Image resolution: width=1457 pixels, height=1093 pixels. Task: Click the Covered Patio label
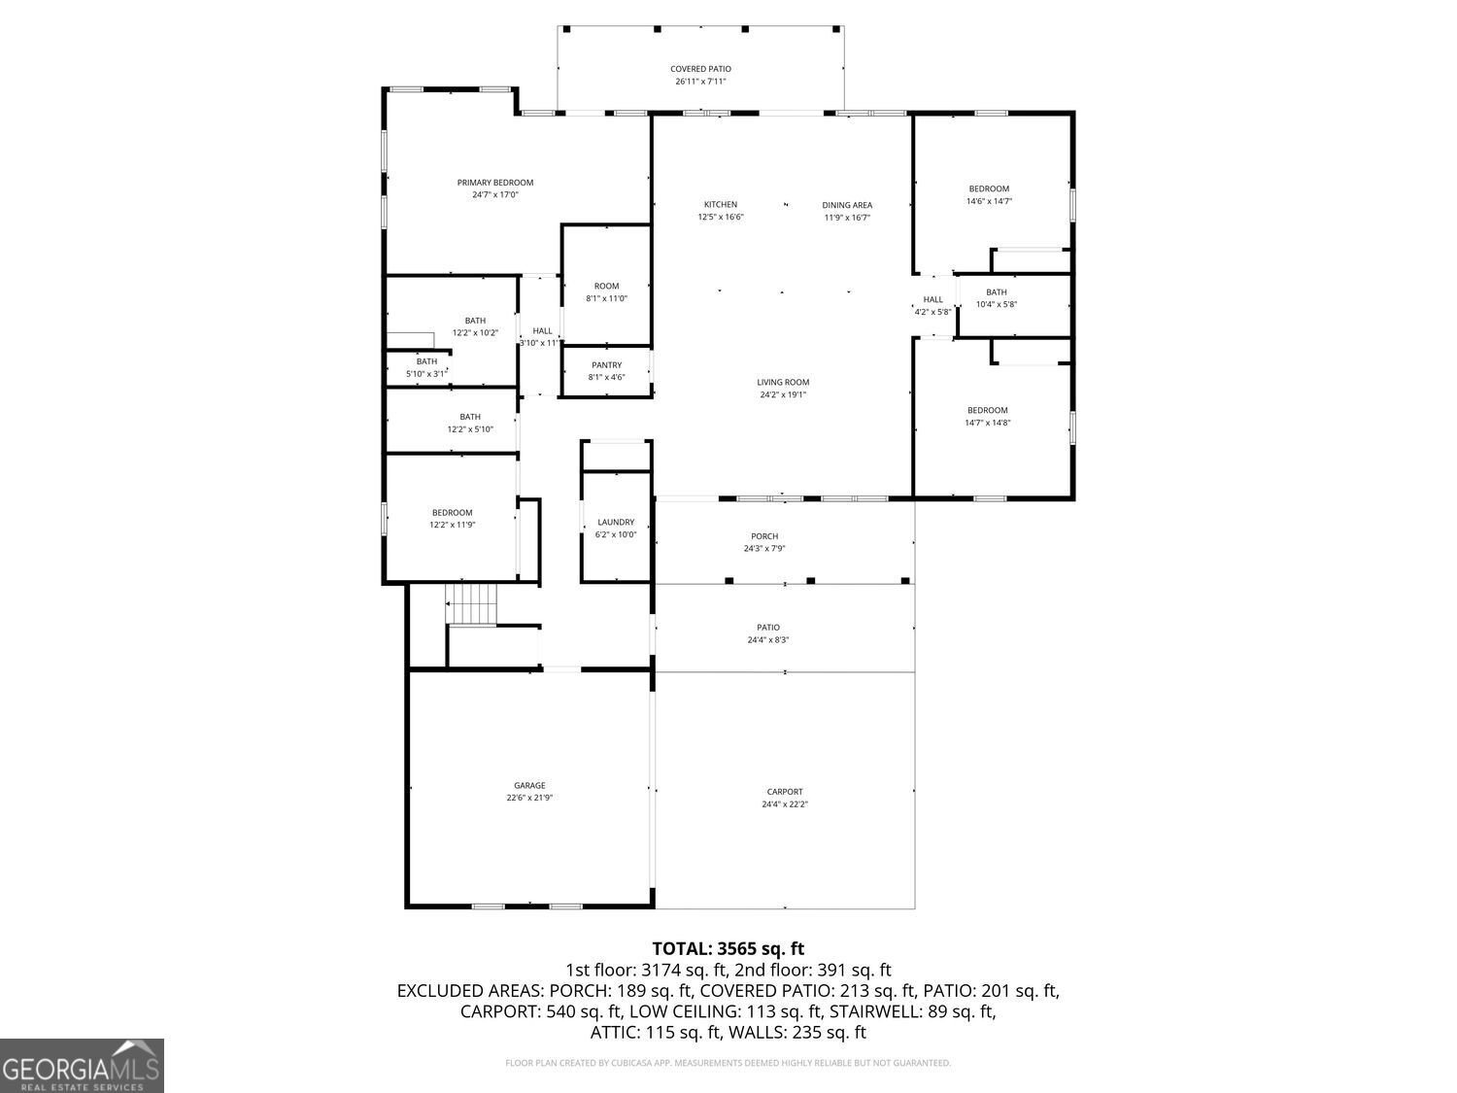tap(700, 69)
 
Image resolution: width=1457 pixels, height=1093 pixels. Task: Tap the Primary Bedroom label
tap(495, 183)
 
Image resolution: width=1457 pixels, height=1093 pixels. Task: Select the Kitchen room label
tap(720, 205)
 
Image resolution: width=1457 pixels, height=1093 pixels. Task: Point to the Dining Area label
tap(847, 205)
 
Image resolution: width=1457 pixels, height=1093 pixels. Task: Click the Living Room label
tap(783, 383)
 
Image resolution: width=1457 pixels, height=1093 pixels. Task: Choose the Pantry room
tap(606, 371)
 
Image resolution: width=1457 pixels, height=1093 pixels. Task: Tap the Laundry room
tap(616, 528)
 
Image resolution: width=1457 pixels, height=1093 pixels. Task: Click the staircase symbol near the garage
tap(471, 604)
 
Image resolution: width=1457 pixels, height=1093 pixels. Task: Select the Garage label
tap(529, 786)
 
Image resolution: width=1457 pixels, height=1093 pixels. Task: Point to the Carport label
tap(785, 792)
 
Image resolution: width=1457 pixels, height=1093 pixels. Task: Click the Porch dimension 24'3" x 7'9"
tap(763, 549)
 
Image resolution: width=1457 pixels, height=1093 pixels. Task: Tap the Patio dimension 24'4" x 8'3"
tap(767, 640)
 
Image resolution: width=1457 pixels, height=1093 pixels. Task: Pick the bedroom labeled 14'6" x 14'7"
tap(989, 195)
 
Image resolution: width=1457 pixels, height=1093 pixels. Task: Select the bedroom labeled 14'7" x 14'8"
tap(987, 417)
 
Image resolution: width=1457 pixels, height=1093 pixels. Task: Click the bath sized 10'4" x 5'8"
tap(997, 298)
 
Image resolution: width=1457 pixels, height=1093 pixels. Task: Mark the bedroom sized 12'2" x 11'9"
tap(452, 519)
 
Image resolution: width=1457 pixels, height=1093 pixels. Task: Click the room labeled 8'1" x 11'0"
tap(606, 292)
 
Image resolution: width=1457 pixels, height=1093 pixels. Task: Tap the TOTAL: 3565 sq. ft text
tap(728, 949)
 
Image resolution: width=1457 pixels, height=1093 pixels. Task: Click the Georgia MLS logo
tap(82, 1066)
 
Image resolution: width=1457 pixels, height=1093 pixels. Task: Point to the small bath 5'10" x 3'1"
tap(427, 368)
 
